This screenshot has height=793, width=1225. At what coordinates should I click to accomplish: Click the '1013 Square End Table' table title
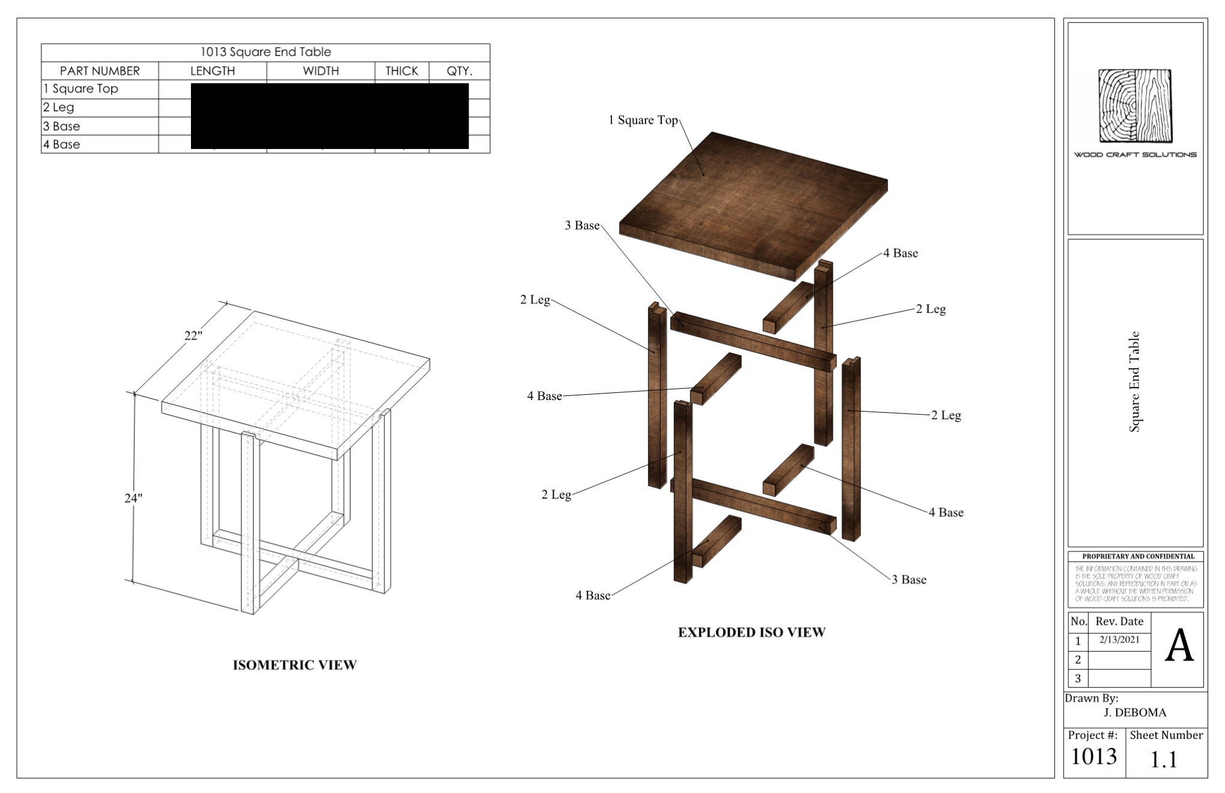point(265,52)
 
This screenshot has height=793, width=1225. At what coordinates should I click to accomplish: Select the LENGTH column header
point(213,71)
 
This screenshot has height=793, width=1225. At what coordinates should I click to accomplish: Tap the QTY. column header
point(459,71)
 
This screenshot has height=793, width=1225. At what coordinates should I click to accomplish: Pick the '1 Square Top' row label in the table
point(80,89)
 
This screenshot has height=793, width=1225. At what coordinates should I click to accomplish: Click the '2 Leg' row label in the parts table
point(59,108)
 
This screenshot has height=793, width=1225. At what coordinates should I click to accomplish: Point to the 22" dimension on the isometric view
point(193,336)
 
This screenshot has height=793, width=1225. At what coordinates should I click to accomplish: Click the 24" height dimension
point(133,498)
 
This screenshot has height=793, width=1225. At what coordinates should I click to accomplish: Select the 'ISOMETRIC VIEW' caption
point(294,665)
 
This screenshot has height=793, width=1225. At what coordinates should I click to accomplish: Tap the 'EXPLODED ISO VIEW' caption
point(751,632)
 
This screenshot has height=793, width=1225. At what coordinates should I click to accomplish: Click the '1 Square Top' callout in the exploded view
point(643,120)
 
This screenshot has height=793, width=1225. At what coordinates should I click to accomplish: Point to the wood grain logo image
point(1135,106)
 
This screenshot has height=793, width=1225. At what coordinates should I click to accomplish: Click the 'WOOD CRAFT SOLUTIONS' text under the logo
point(1135,155)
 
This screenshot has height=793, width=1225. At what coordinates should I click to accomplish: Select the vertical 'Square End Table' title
point(1134,381)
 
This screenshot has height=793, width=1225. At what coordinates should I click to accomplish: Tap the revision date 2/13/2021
point(1119,640)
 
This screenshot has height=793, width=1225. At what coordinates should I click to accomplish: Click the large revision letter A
point(1179,647)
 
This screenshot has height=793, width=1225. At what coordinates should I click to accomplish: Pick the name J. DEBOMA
point(1135,713)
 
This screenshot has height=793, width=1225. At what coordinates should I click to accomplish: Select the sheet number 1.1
point(1163,760)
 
